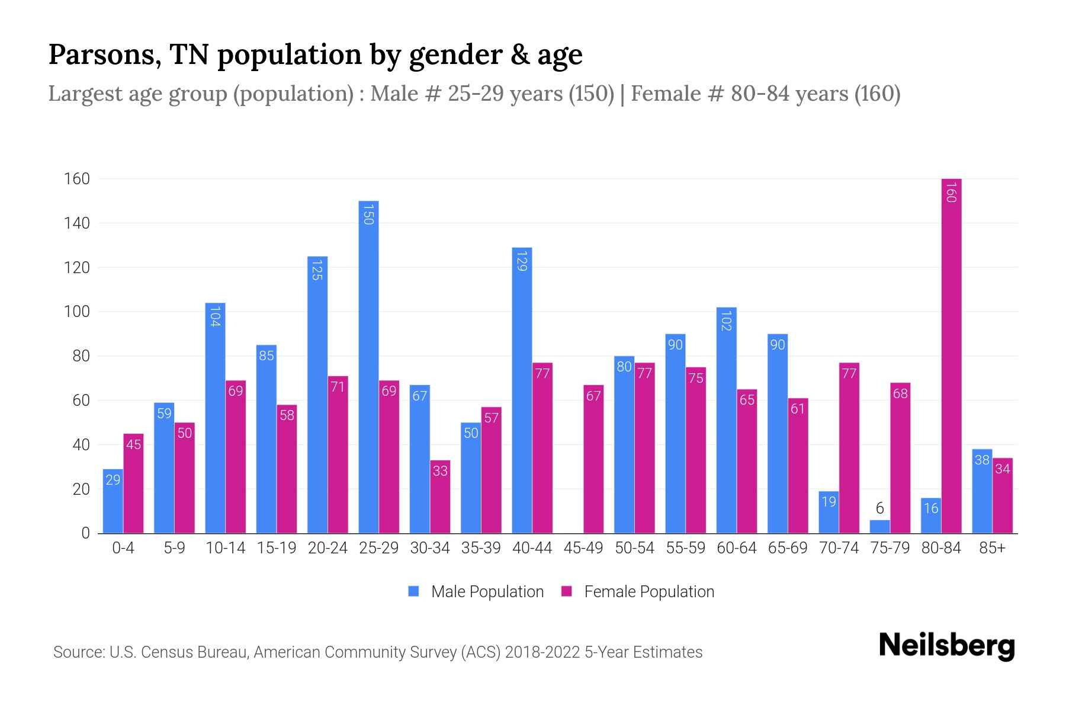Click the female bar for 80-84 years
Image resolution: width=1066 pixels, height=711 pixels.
(x=951, y=355)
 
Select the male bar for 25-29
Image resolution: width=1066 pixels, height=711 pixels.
(x=368, y=367)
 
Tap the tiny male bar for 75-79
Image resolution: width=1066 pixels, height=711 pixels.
(x=879, y=527)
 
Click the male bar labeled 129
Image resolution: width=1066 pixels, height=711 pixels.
(x=522, y=391)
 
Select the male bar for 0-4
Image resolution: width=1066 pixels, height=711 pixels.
(x=113, y=501)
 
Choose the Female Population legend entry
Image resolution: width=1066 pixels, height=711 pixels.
(x=638, y=592)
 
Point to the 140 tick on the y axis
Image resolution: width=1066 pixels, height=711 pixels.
(x=77, y=223)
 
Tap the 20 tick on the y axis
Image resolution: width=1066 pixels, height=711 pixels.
(x=81, y=489)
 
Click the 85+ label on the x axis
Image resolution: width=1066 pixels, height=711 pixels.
(x=992, y=548)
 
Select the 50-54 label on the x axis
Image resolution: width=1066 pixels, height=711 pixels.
(x=634, y=548)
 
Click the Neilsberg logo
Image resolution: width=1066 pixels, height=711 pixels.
(x=946, y=646)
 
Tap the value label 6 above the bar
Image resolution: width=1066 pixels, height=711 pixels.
(x=879, y=508)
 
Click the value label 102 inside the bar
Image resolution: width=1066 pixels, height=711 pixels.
(x=726, y=321)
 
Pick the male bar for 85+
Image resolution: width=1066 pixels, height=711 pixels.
(x=982, y=491)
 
